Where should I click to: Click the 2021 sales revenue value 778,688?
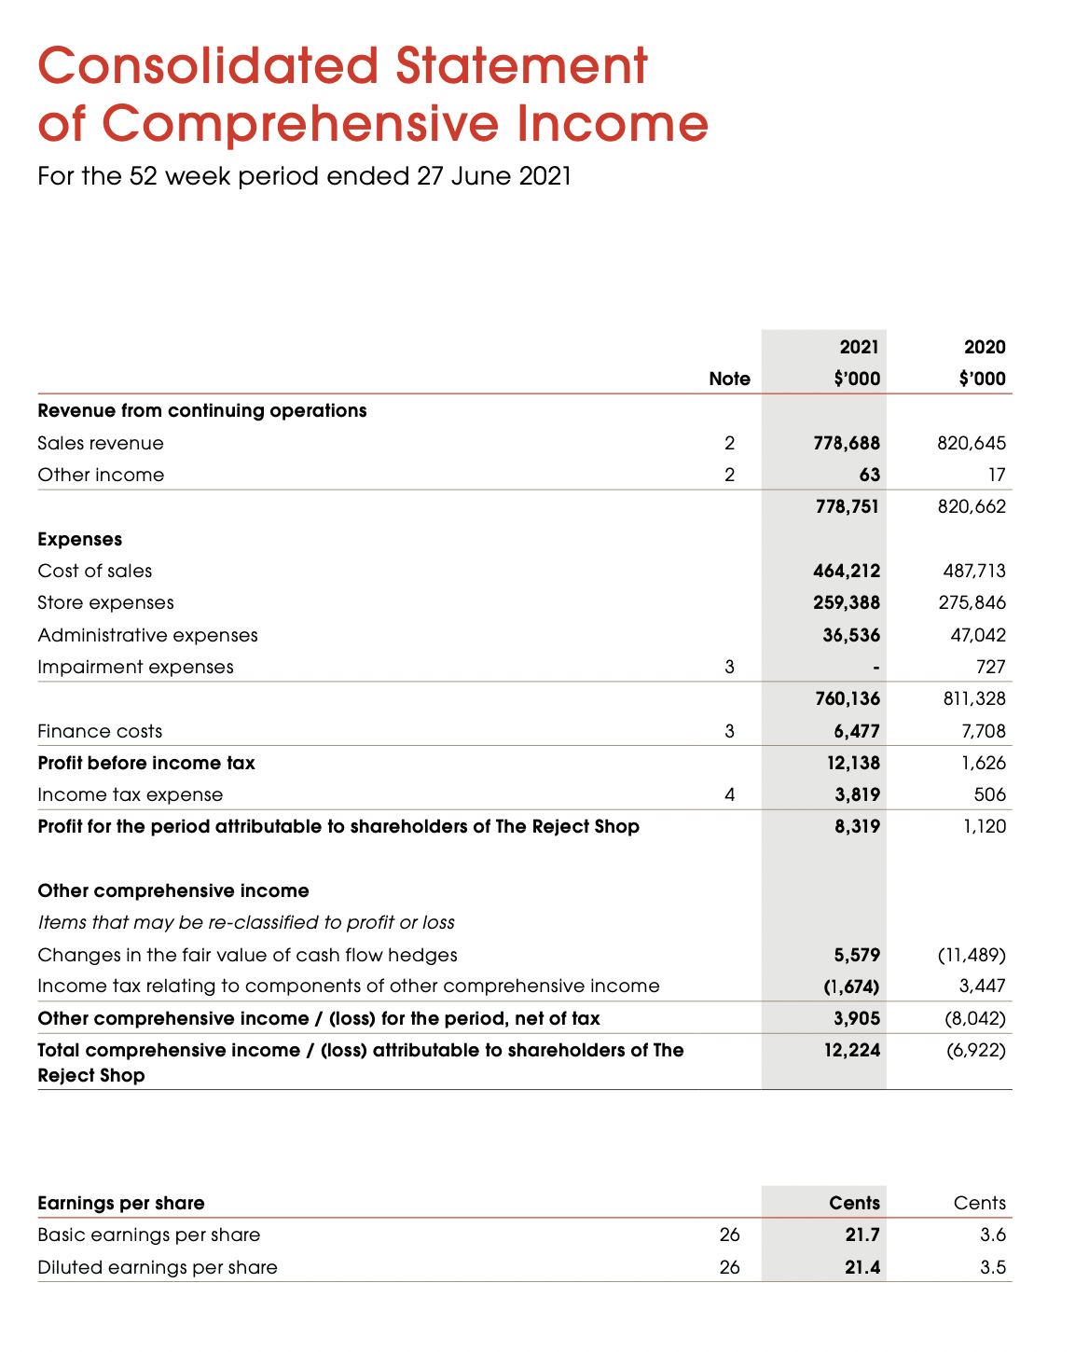847,444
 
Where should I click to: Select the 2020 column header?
985,348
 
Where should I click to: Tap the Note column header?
729,379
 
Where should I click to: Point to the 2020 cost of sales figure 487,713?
972,572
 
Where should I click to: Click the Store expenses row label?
105,603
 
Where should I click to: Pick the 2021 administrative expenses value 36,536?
852,636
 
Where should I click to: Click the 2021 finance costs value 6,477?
857,732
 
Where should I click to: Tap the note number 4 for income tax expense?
729,795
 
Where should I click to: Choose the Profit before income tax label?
146,764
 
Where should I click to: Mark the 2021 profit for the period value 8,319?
857,827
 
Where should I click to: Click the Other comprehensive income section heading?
173,891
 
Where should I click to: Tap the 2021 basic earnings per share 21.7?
862,1235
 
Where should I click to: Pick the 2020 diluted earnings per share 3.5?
993,1268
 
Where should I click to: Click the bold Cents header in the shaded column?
854,1204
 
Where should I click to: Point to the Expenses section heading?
80,540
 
